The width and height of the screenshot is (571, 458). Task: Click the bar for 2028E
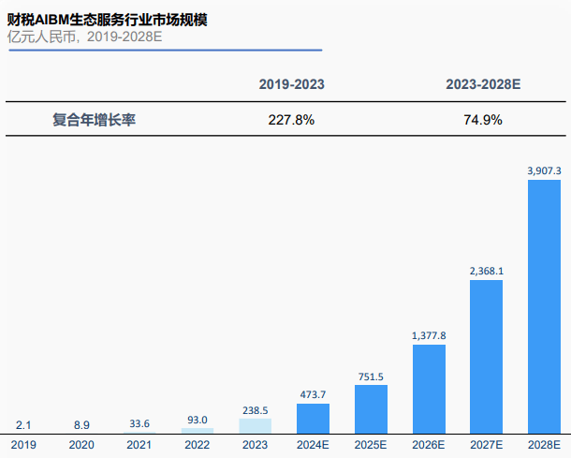[x=544, y=305]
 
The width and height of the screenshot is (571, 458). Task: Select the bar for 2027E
[x=486, y=356]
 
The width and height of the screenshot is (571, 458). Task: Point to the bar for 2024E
[x=313, y=417]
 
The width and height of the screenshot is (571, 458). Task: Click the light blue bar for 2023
[x=255, y=425]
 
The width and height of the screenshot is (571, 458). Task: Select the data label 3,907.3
[x=544, y=170]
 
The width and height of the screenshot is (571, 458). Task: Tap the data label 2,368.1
[x=486, y=272]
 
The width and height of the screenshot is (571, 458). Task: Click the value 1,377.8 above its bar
[x=429, y=335]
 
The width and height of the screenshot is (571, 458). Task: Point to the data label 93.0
[x=198, y=420]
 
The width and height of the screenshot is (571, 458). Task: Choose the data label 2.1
[x=25, y=425]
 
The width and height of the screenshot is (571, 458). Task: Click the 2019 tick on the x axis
[x=25, y=443]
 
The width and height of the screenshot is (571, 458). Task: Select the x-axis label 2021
[x=140, y=443]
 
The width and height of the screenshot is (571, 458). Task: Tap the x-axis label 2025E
[x=371, y=443]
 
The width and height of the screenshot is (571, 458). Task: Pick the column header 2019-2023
[x=292, y=84]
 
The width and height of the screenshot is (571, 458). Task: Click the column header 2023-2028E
[x=483, y=84]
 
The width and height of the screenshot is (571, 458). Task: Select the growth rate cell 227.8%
[x=292, y=120]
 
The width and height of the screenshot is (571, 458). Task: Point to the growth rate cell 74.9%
[x=483, y=120]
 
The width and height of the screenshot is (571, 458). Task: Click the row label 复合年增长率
[x=94, y=120]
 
